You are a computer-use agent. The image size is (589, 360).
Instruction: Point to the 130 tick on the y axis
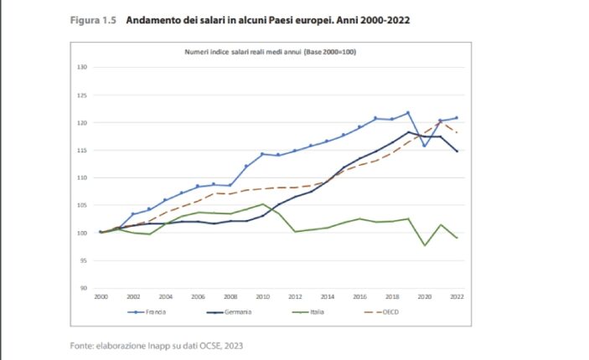82,67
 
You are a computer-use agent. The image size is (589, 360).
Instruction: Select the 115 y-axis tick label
82,150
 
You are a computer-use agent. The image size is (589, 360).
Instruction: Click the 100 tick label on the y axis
82,233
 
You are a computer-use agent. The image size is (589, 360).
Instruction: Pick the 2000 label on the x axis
101,296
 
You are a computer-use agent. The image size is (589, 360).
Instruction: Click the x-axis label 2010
263,296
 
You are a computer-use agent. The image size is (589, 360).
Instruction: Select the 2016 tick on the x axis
360,296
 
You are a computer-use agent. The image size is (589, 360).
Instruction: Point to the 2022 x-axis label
457,296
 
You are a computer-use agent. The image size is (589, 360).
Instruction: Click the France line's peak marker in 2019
408,113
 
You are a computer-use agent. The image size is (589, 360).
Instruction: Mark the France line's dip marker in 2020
425,146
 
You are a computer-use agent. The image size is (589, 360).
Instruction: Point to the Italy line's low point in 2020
425,245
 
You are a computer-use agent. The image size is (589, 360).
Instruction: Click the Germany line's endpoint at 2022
457,152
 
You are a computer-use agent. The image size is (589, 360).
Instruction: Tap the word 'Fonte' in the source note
81,345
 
